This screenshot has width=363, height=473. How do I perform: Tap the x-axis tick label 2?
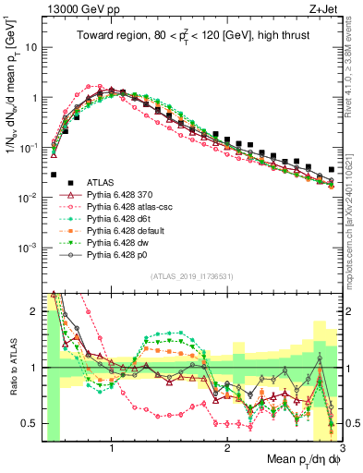(x=227, y=444)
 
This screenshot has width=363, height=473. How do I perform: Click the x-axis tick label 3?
(x=341, y=444)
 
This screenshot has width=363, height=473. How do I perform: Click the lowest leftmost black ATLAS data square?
(x=54, y=174)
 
